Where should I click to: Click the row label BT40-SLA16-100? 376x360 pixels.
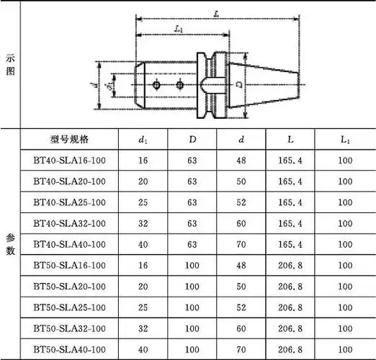(69, 161)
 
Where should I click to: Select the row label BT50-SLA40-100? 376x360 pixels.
(69, 349)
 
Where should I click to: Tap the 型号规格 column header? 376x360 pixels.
(69, 139)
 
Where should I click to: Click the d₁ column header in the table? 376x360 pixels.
(143, 139)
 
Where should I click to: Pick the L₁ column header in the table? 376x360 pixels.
(344, 139)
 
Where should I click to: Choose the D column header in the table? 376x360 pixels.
(192, 139)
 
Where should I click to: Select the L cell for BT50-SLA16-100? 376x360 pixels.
(294, 266)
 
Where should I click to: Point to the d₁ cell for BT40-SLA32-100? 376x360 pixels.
(143, 224)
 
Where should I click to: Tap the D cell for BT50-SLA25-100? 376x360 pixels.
(192, 307)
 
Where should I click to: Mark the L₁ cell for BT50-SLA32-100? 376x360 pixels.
(344, 328)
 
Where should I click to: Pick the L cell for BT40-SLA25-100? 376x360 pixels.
(294, 202)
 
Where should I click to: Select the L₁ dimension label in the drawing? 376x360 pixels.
(179, 30)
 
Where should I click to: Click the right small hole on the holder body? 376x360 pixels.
(180, 85)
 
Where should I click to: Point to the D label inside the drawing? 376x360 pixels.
(238, 84)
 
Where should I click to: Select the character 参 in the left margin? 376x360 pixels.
(10, 237)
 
